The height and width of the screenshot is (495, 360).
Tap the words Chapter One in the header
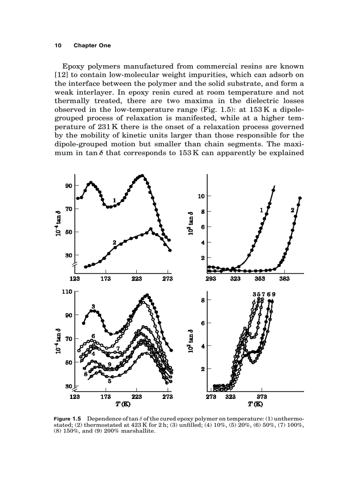click(92, 45)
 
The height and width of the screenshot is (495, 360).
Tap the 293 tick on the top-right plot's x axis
click(212, 279)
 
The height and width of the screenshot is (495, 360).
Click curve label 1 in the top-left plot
click(114, 200)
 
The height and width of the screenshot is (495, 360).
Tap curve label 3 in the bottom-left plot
click(93, 306)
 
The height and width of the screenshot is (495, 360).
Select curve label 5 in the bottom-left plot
click(109, 381)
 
